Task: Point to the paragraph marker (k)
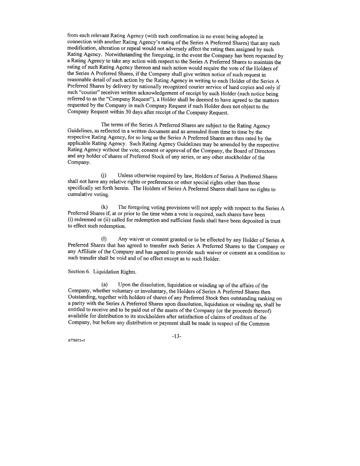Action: coord(104,207)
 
